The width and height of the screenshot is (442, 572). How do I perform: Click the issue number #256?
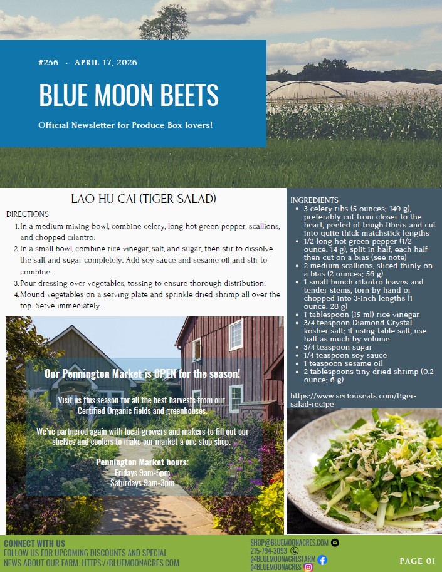[48, 63]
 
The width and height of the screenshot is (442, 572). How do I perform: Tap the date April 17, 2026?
[105, 63]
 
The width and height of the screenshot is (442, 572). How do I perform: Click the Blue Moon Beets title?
[129, 95]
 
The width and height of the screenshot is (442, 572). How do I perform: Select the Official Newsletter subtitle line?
[125, 125]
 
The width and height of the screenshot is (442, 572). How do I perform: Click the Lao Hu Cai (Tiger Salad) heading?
[144, 199]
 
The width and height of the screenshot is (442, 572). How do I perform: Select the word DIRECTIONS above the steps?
[28, 214]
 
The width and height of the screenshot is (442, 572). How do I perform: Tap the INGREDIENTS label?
[314, 200]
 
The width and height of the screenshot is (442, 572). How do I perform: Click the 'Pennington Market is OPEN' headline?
[142, 374]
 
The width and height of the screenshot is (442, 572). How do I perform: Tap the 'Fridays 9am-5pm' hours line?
[142, 473]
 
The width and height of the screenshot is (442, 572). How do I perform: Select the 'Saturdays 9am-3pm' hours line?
[142, 483]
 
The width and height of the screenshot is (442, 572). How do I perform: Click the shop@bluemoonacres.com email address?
[289, 542]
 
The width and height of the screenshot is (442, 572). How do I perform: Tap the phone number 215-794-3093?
[268, 551]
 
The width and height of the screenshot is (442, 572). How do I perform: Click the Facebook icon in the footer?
[322, 559]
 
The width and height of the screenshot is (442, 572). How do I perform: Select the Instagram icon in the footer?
[308, 568]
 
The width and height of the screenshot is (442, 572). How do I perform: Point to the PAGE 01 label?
[417, 561]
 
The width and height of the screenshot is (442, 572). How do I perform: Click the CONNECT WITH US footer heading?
[34, 543]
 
